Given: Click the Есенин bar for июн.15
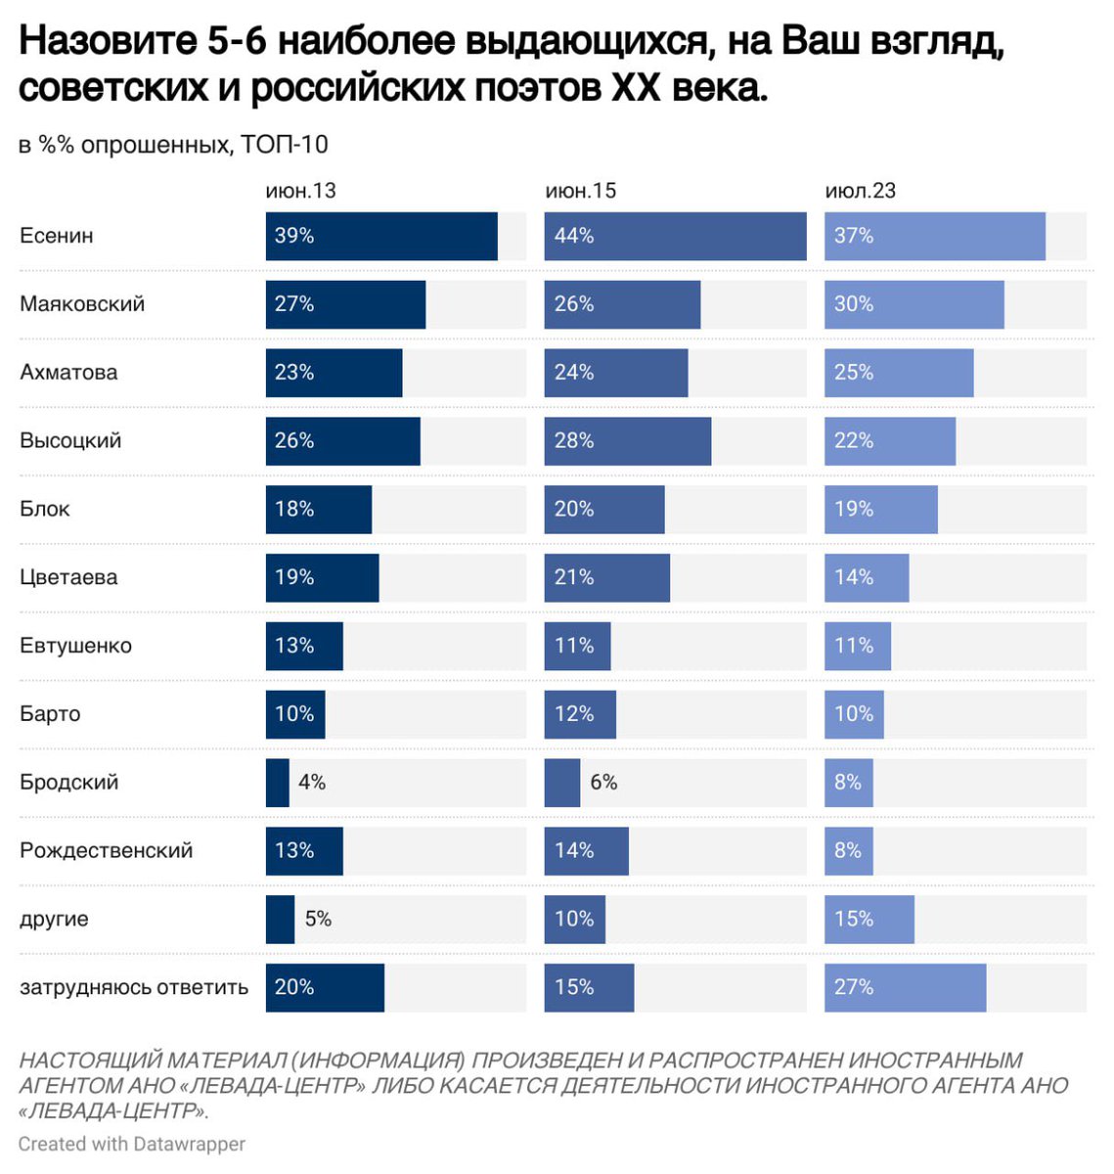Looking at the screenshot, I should click(675, 236).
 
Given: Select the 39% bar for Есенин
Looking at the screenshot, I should click(381, 236).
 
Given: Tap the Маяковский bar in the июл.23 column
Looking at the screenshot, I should click(913, 304).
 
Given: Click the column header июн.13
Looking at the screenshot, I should click(300, 191).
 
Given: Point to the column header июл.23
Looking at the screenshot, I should click(860, 191).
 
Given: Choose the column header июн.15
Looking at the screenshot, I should click(580, 191).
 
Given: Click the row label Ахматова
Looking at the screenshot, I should click(68, 373).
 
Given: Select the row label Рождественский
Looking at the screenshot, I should click(106, 851).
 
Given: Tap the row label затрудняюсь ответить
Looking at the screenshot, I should click(134, 987).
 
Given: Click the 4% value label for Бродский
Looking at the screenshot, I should click(312, 783).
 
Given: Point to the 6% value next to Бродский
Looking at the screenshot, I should click(603, 783).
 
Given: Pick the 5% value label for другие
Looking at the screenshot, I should click(318, 919).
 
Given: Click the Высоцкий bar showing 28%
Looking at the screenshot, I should click(627, 441).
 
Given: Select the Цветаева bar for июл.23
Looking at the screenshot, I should click(866, 577).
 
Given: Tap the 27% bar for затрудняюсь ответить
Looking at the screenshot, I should click(905, 987).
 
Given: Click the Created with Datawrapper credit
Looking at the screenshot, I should click(131, 1144).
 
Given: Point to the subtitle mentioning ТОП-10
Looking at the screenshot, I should click(173, 145).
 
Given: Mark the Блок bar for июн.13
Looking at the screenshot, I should click(318, 509).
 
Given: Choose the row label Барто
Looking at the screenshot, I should click(50, 714).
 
